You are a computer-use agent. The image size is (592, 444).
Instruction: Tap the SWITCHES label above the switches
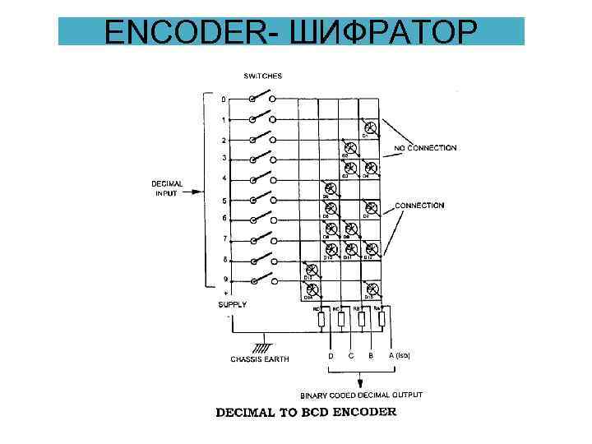262,76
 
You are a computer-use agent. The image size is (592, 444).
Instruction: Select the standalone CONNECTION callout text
419,206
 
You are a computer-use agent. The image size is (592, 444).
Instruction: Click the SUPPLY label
232,304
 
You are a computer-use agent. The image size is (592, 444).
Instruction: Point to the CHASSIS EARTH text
260,359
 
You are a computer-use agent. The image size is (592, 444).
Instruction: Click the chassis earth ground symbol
263,341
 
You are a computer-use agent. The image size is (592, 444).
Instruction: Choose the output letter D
331,356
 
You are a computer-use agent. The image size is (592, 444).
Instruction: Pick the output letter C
351,356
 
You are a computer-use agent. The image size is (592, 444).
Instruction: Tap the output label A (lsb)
399,356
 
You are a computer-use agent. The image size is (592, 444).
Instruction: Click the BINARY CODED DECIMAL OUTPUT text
362,395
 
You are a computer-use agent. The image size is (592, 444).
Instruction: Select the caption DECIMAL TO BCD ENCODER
305,412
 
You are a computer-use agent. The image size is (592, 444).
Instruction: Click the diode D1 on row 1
371,127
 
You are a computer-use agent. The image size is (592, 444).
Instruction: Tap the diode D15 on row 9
371,289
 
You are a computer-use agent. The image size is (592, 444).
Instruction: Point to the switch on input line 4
262,178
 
